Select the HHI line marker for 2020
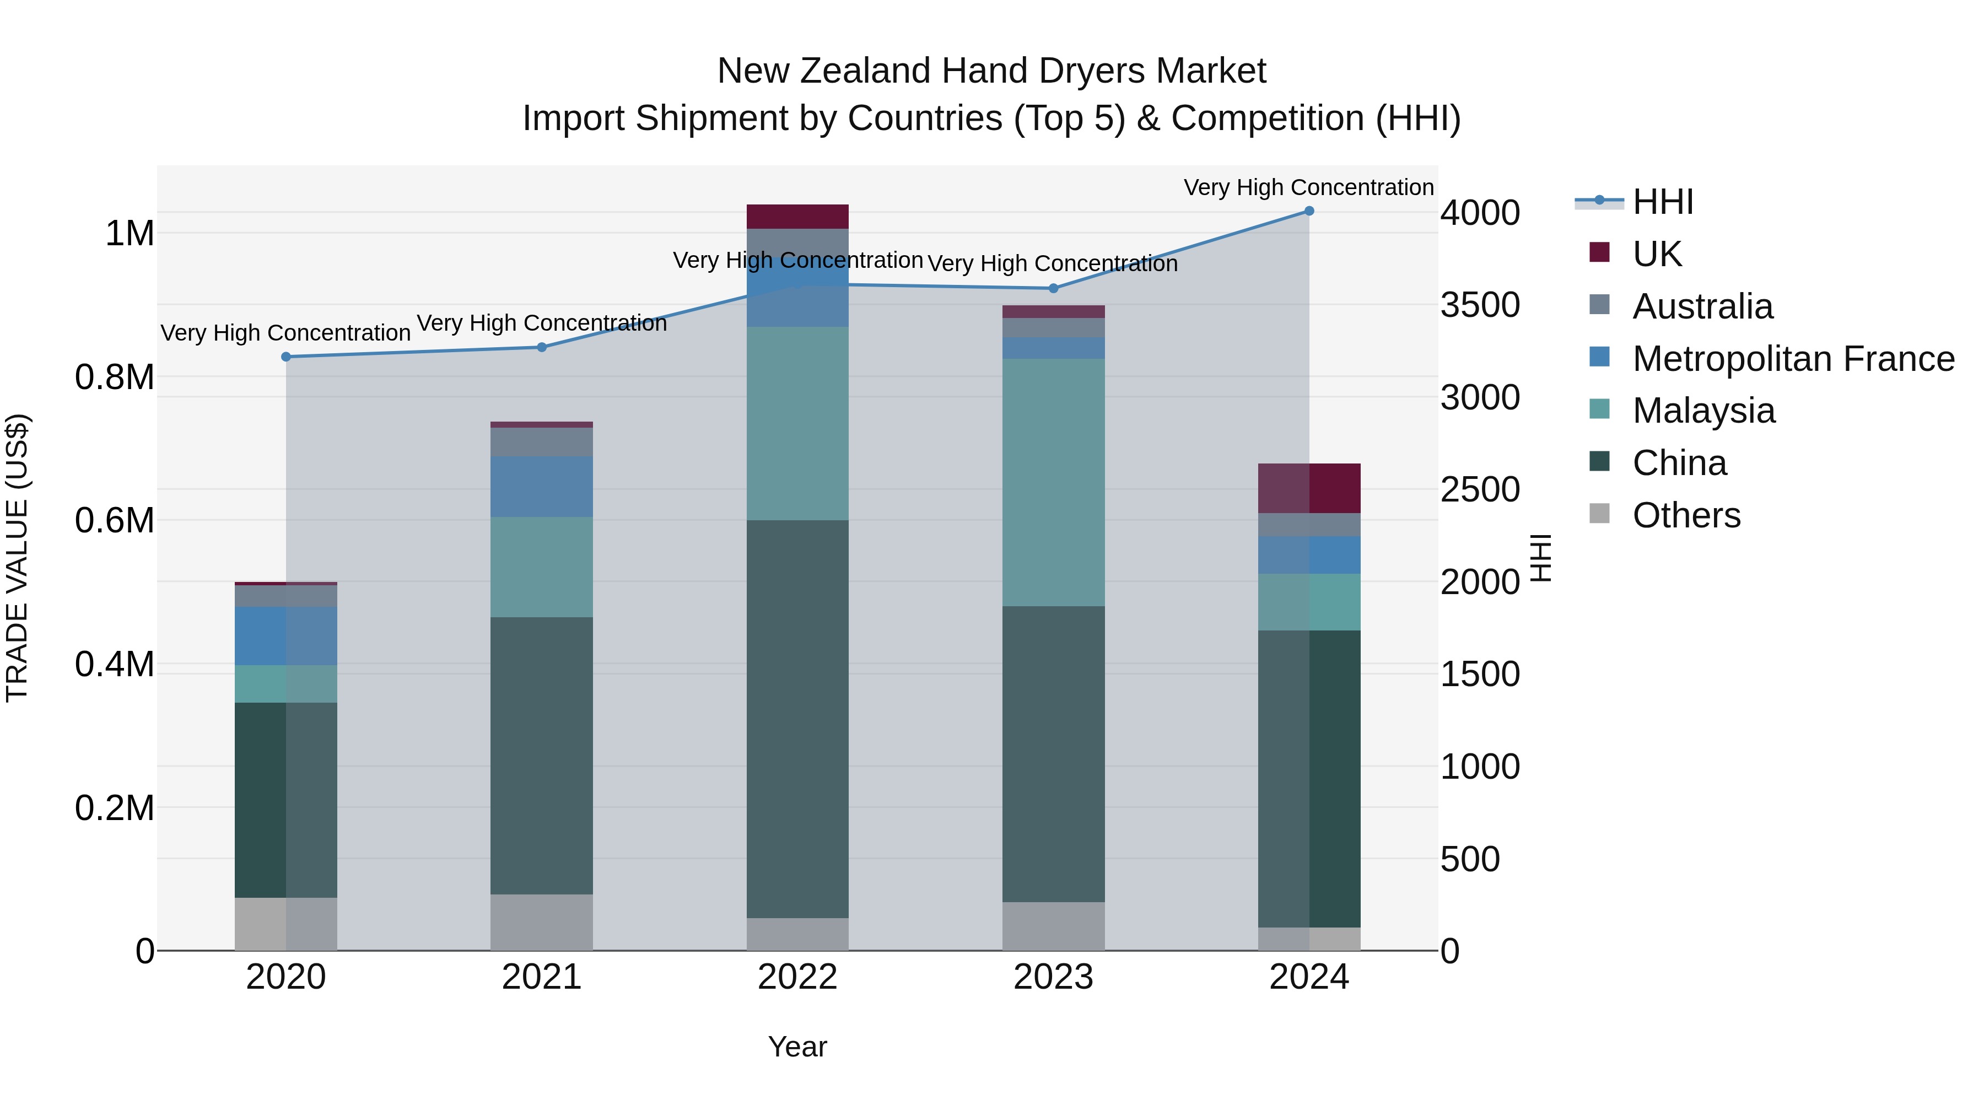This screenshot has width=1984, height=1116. [x=285, y=357]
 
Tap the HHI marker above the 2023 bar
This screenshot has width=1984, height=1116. [x=1054, y=289]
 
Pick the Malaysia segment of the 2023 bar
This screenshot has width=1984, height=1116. [x=1054, y=482]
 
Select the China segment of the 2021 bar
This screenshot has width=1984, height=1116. [x=541, y=755]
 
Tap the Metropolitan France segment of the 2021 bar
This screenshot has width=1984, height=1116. [x=541, y=486]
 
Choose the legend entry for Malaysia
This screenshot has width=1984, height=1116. [x=1703, y=411]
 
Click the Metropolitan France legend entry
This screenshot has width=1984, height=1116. [x=1793, y=359]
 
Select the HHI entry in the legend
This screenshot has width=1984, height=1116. [x=1662, y=202]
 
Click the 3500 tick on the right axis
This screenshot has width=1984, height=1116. [x=1480, y=305]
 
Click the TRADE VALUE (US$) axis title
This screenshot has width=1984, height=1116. [x=17, y=558]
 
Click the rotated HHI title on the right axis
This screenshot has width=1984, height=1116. [x=1540, y=558]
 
